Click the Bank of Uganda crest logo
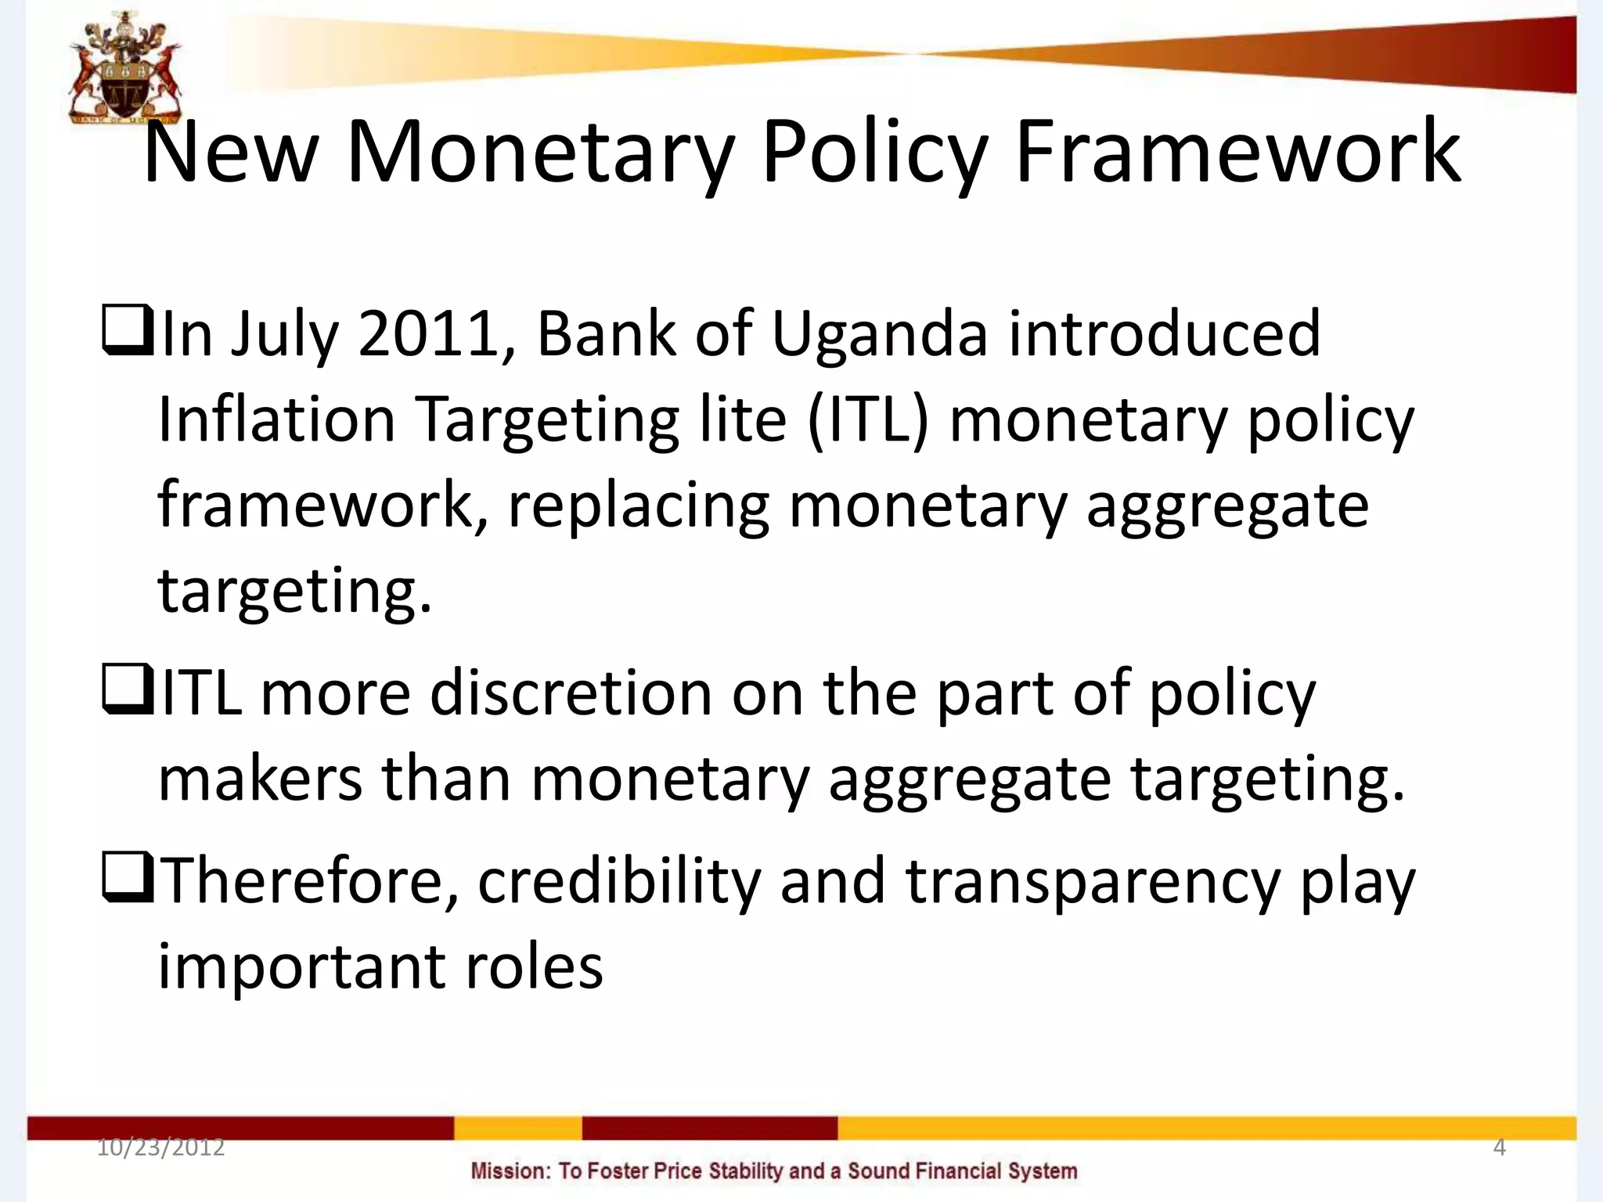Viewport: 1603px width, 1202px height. pos(125,69)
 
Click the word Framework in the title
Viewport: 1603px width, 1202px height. pos(1237,153)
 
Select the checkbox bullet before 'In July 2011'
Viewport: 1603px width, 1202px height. pos(127,332)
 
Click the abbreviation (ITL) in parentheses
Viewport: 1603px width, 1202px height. pos(868,420)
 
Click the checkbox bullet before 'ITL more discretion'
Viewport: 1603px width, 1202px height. pos(127,692)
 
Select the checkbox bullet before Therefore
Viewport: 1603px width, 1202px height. pos(127,880)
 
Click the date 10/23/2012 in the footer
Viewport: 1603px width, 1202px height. pos(160,1148)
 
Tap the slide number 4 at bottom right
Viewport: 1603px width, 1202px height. pos(1499,1148)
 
